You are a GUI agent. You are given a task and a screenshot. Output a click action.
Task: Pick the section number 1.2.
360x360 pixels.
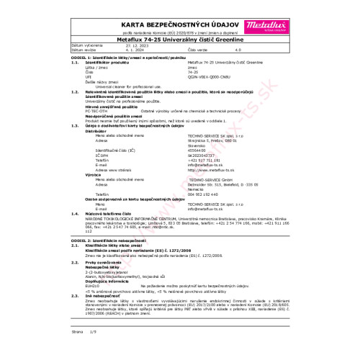pos(76,91)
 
